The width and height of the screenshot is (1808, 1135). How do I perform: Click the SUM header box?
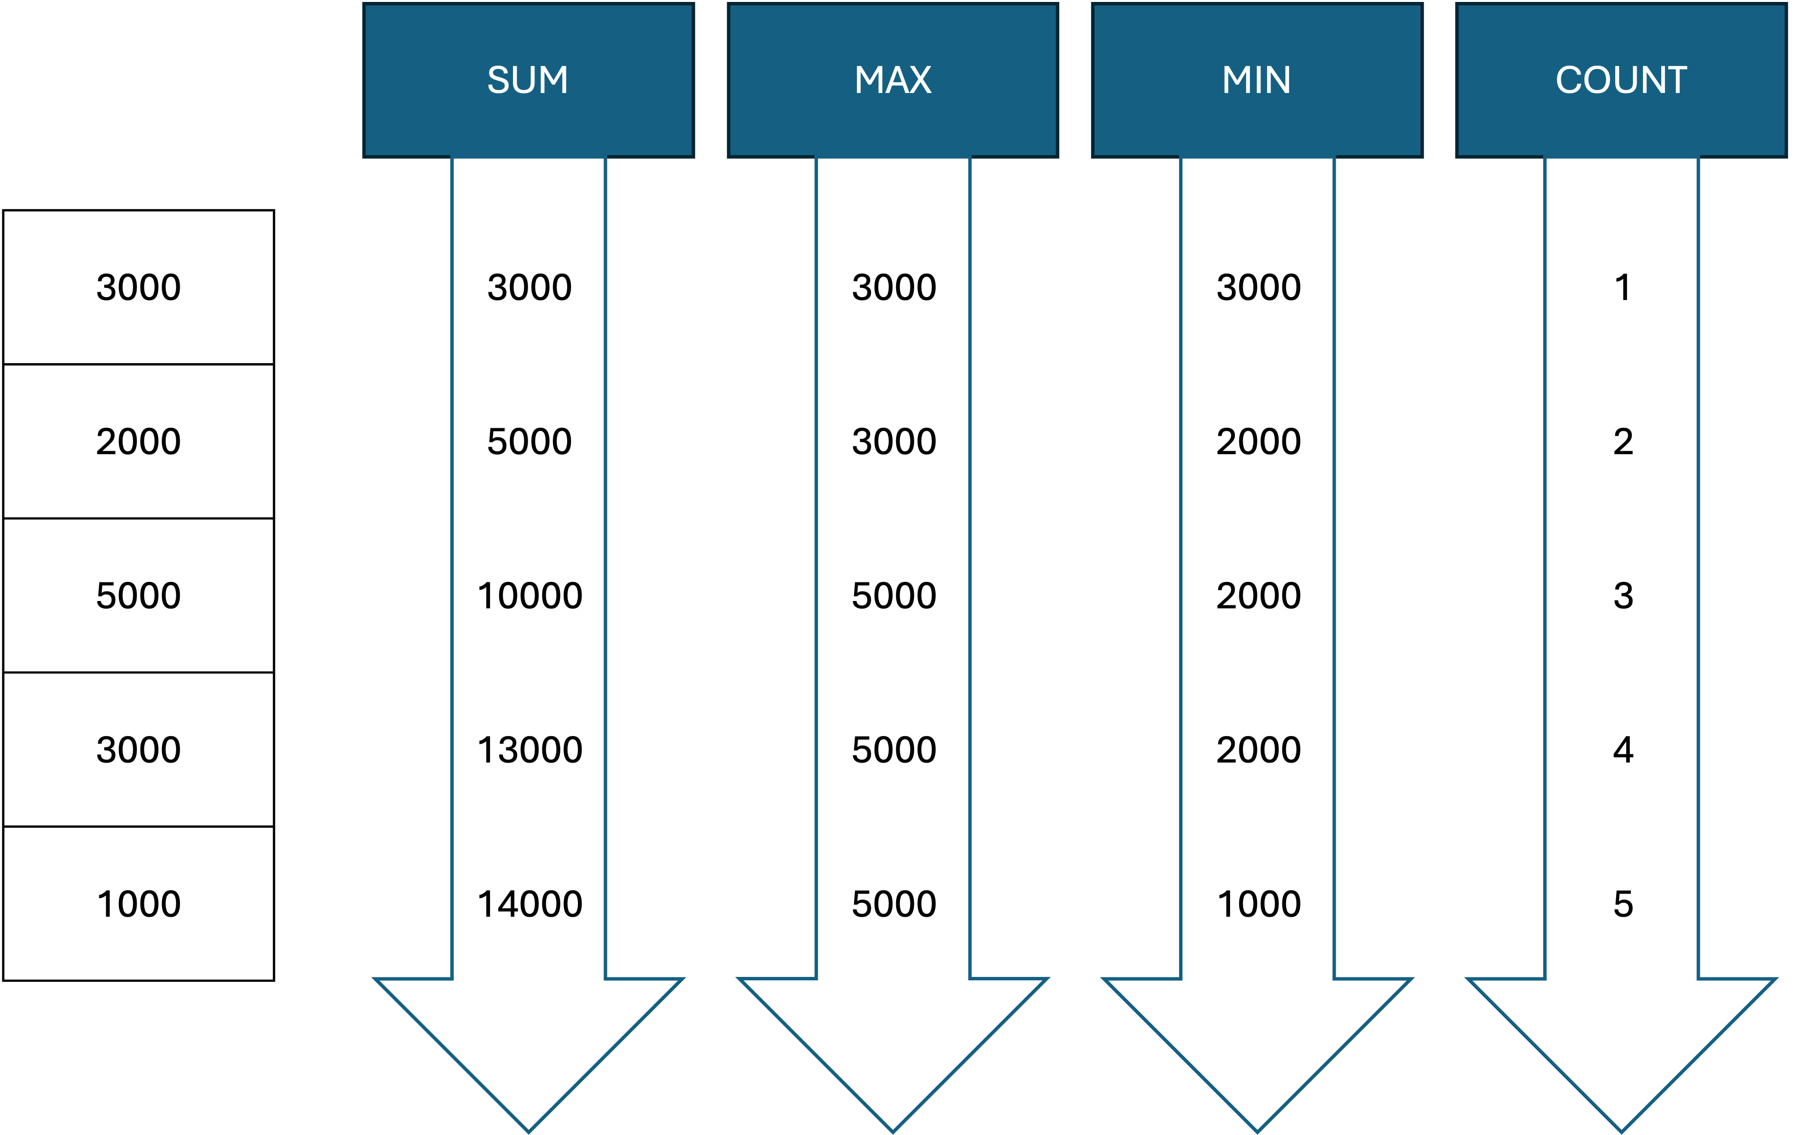[x=529, y=80]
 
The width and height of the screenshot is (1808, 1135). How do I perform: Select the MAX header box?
[x=892, y=80]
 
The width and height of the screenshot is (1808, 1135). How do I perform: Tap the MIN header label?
[x=1256, y=80]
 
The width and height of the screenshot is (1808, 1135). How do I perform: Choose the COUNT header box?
[x=1621, y=80]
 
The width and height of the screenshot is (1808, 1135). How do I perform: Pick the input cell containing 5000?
[x=139, y=595]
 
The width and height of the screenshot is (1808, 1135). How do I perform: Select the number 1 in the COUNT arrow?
[x=1623, y=287]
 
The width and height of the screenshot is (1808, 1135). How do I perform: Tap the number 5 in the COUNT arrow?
[x=1623, y=904]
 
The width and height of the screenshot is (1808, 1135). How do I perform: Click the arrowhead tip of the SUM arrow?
[x=529, y=1131]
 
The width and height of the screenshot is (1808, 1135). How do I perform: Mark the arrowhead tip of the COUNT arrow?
[x=1621, y=1131]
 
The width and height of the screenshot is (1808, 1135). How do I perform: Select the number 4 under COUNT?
[x=1623, y=750]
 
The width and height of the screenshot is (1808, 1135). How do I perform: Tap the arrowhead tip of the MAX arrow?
[x=892, y=1131]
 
